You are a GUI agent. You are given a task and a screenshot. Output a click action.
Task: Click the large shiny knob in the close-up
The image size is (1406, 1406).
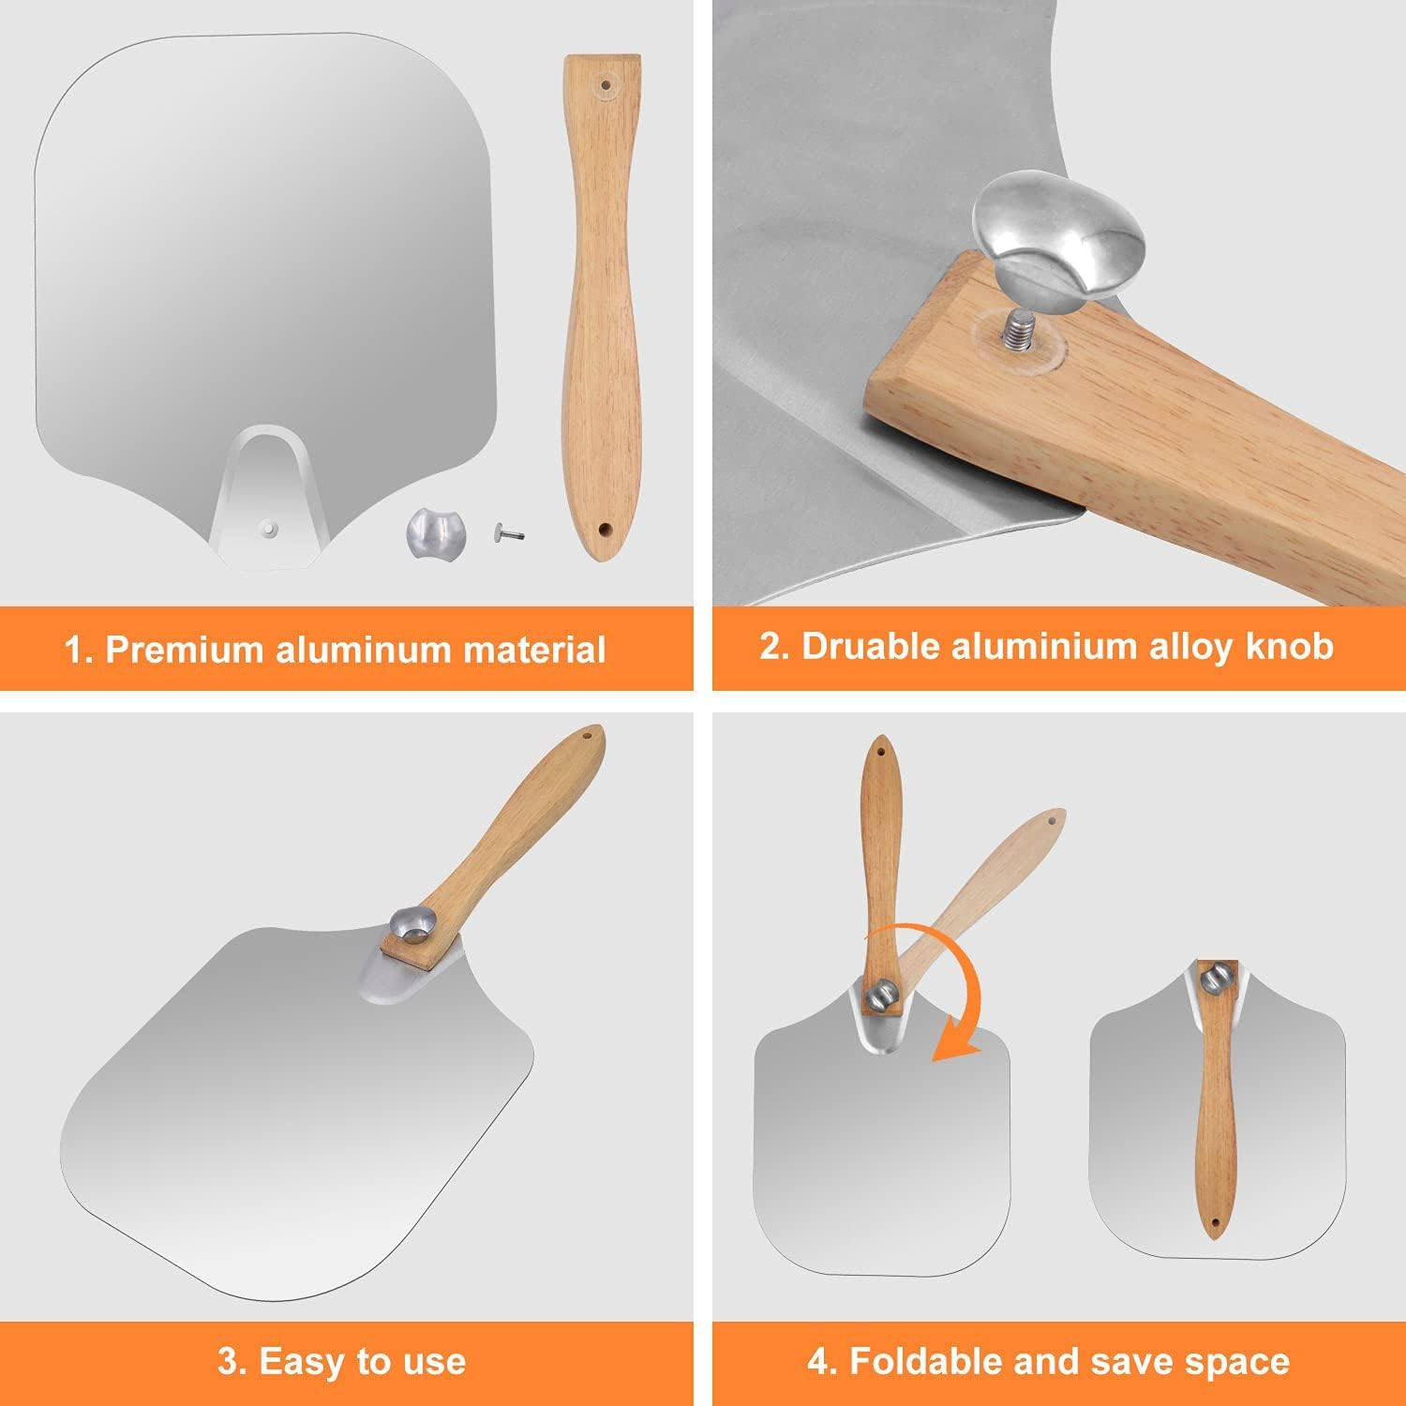1057,231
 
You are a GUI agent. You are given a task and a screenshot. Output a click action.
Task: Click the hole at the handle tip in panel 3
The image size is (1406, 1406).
589,738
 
